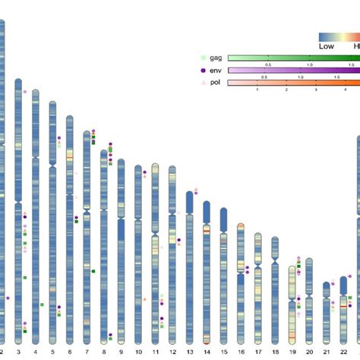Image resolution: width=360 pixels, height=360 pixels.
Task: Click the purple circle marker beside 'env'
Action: tap(201, 70)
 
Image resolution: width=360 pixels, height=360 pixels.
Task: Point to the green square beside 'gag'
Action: tap(201, 58)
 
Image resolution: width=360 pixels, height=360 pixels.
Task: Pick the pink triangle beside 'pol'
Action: tap(201, 82)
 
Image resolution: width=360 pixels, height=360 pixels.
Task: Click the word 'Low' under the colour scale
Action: tap(327, 46)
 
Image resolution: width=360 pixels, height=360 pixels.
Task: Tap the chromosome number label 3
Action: tap(18, 352)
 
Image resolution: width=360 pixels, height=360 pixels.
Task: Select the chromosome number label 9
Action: tap(121, 352)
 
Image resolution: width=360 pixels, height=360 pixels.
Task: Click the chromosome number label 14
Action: tap(206, 352)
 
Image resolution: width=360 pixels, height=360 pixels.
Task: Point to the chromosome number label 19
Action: tap(292, 352)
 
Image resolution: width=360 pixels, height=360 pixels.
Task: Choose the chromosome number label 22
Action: tap(343, 352)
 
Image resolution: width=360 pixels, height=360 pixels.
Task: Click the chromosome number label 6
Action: tap(70, 352)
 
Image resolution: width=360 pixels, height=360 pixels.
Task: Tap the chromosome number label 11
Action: tap(155, 352)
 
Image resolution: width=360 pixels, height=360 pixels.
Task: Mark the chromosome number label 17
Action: tap(258, 352)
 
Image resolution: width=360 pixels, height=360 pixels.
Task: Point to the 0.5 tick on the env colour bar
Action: tap(264, 77)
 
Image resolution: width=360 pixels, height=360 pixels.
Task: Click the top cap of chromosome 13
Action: tap(189, 193)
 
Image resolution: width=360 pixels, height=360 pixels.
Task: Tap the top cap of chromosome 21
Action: tap(327, 284)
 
